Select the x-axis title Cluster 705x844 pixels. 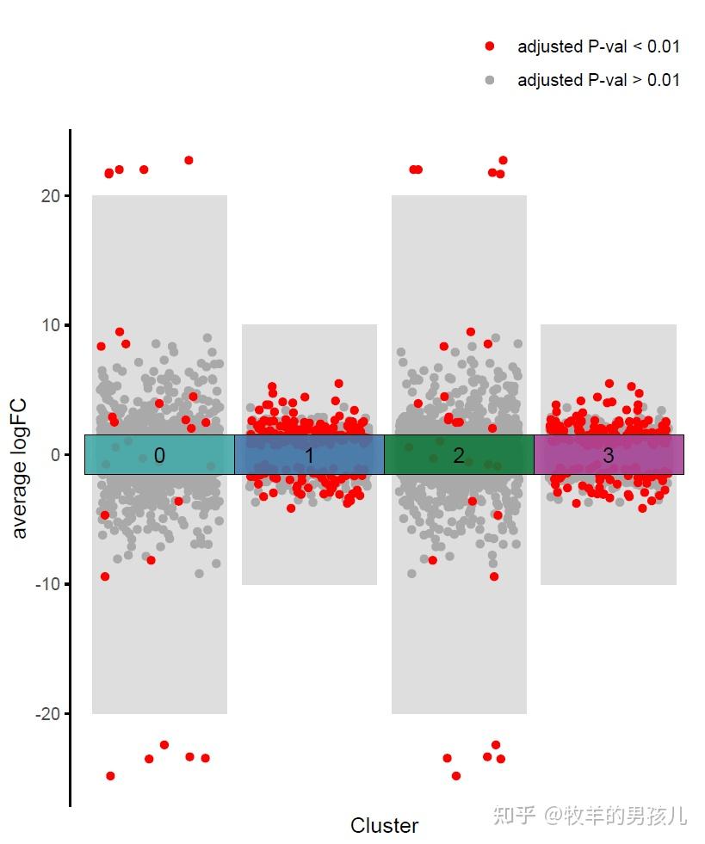[384, 826]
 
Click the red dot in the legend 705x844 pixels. [490, 46]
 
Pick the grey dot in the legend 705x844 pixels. [490, 80]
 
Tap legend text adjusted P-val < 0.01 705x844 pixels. [598, 46]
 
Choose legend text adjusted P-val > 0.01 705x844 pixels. [598, 80]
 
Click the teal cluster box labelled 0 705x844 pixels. [159, 454]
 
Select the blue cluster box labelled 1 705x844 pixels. [309, 454]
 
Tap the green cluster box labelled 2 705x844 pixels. [459, 454]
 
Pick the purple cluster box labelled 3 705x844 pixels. [609, 454]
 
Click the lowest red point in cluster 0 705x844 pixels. [110, 776]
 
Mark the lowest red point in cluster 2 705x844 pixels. [456, 776]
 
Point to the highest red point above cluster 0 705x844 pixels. [189, 160]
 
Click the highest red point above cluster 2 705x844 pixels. [503, 160]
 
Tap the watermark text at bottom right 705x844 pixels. [590, 815]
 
